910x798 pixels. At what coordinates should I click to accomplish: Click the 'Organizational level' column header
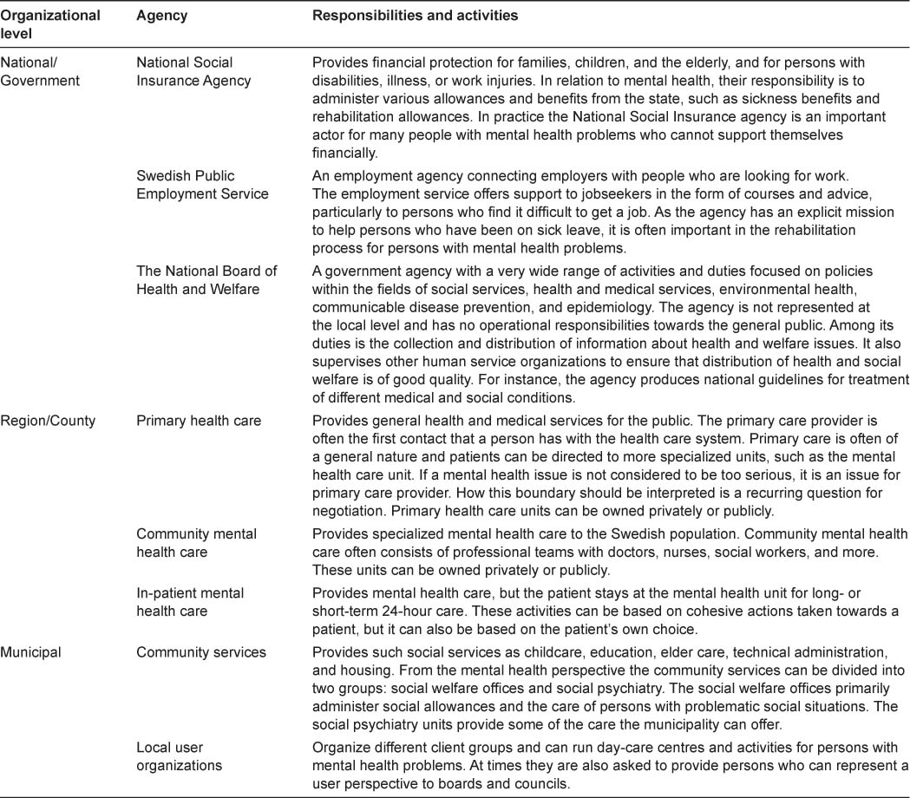tap(50, 23)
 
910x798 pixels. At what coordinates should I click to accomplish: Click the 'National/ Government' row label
tap(40, 71)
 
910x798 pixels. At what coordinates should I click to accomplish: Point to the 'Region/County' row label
tap(49, 421)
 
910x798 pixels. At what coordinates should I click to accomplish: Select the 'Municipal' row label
tap(30, 652)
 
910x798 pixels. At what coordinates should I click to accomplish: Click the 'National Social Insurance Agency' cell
tap(193, 71)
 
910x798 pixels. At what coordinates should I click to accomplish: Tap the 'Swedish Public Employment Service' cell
tap(202, 185)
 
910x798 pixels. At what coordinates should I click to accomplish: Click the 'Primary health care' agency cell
tap(199, 421)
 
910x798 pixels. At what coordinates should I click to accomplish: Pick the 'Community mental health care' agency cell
tap(196, 543)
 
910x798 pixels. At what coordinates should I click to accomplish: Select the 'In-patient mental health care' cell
tap(190, 602)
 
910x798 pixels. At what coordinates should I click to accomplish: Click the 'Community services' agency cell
tap(201, 652)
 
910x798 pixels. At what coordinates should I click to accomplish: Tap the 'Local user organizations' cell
tap(178, 755)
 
